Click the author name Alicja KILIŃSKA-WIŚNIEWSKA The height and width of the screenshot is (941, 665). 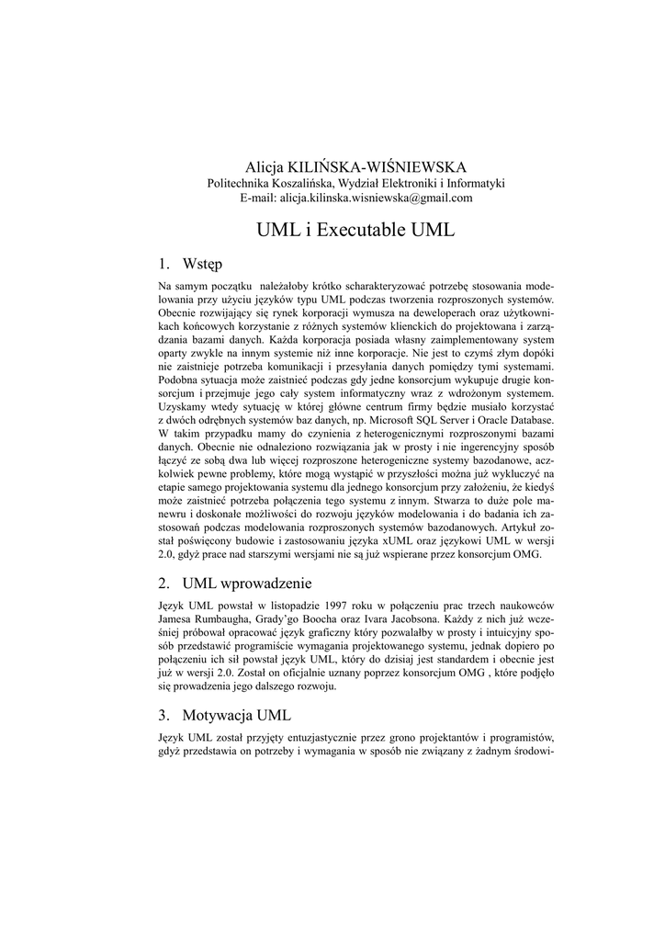coord(355,166)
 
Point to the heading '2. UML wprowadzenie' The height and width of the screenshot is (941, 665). coord(235,583)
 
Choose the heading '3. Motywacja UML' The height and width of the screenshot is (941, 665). coord(225,714)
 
